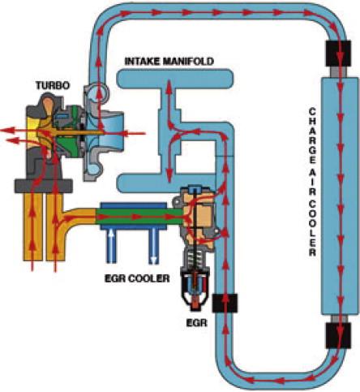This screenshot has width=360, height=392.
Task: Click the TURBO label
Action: click(x=53, y=86)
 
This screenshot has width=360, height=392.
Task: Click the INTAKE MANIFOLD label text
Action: click(x=169, y=62)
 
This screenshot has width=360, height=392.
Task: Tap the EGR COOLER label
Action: click(x=137, y=278)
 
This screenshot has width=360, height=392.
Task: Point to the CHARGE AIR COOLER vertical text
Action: click(x=312, y=182)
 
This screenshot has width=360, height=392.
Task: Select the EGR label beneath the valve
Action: click(x=197, y=323)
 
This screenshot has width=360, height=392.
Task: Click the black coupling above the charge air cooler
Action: click(x=338, y=54)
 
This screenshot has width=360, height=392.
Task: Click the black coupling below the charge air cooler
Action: click(x=338, y=335)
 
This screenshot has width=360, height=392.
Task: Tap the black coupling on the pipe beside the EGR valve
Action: click(x=225, y=303)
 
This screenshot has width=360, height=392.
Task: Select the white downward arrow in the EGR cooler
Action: click(x=153, y=245)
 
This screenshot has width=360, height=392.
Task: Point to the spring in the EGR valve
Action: click(x=195, y=259)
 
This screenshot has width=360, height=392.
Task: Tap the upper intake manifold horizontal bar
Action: click(x=174, y=79)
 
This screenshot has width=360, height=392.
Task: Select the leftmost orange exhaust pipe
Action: click(x=32, y=226)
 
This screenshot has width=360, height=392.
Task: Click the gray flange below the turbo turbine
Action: click(x=43, y=186)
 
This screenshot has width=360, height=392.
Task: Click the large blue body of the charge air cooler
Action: click(x=338, y=196)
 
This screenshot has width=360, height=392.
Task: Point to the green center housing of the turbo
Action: click(x=71, y=131)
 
